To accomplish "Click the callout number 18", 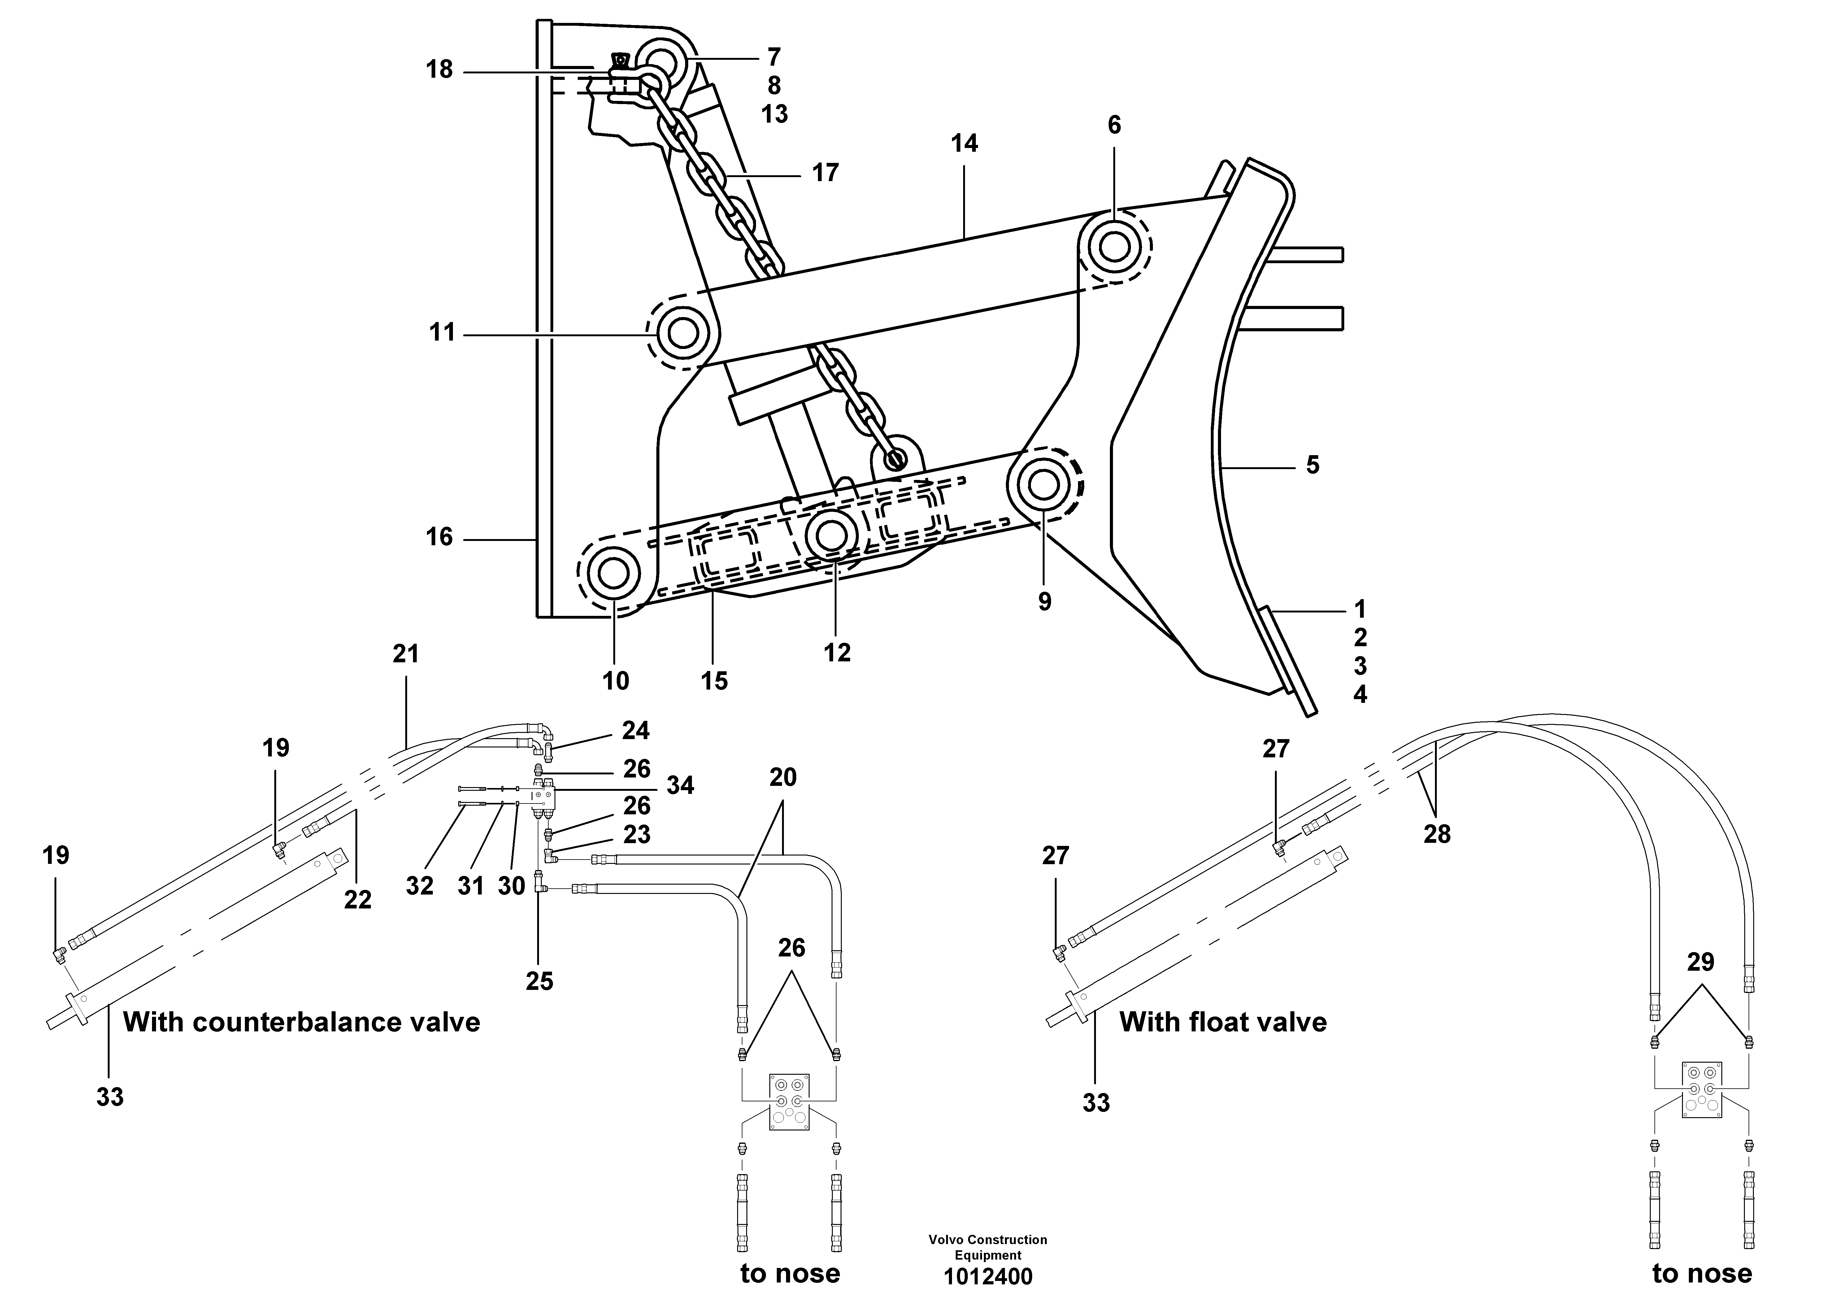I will pyautogui.click(x=439, y=70).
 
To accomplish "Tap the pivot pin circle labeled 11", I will pyautogui.click(x=682, y=332).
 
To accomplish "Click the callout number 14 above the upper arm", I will pyautogui.click(x=964, y=144).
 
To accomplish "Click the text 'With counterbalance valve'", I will pyautogui.click(x=301, y=1022).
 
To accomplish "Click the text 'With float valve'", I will pyautogui.click(x=1223, y=1022).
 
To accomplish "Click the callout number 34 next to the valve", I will pyautogui.click(x=680, y=785).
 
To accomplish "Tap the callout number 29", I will pyautogui.click(x=1700, y=962).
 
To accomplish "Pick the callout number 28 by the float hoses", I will pyautogui.click(x=1437, y=834).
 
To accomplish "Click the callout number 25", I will pyautogui.click(x=539, y=981).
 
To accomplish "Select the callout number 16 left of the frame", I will pyautogui.click(x=439, y=537).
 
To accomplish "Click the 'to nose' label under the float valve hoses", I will pyautogui.click(x=1702, y=1273).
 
